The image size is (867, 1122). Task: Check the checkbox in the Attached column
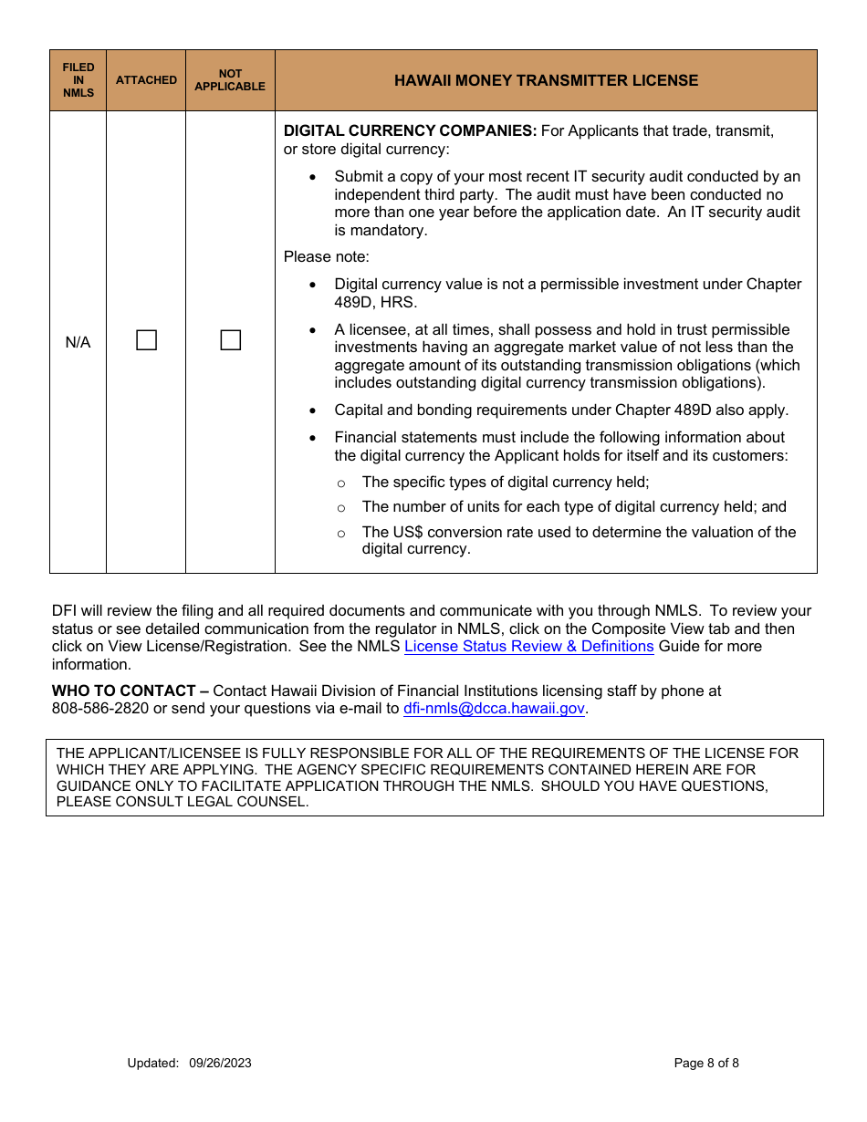146,341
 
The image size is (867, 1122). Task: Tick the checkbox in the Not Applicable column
231,341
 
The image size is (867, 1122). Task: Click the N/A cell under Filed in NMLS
78,342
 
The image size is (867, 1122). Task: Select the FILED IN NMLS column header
78,80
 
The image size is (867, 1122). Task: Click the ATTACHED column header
146,80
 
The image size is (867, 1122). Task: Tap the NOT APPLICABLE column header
230,80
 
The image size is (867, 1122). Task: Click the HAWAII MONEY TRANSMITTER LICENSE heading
546,80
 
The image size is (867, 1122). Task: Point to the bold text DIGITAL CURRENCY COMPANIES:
410,131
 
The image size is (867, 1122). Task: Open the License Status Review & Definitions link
528,647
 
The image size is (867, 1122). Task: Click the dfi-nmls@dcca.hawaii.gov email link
494,709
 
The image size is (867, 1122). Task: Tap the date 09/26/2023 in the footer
220,1063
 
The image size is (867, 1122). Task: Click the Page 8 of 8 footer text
706,1063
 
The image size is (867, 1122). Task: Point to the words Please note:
327,257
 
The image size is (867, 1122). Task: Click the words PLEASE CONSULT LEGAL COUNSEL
183,803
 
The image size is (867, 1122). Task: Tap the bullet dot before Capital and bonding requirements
314,410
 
